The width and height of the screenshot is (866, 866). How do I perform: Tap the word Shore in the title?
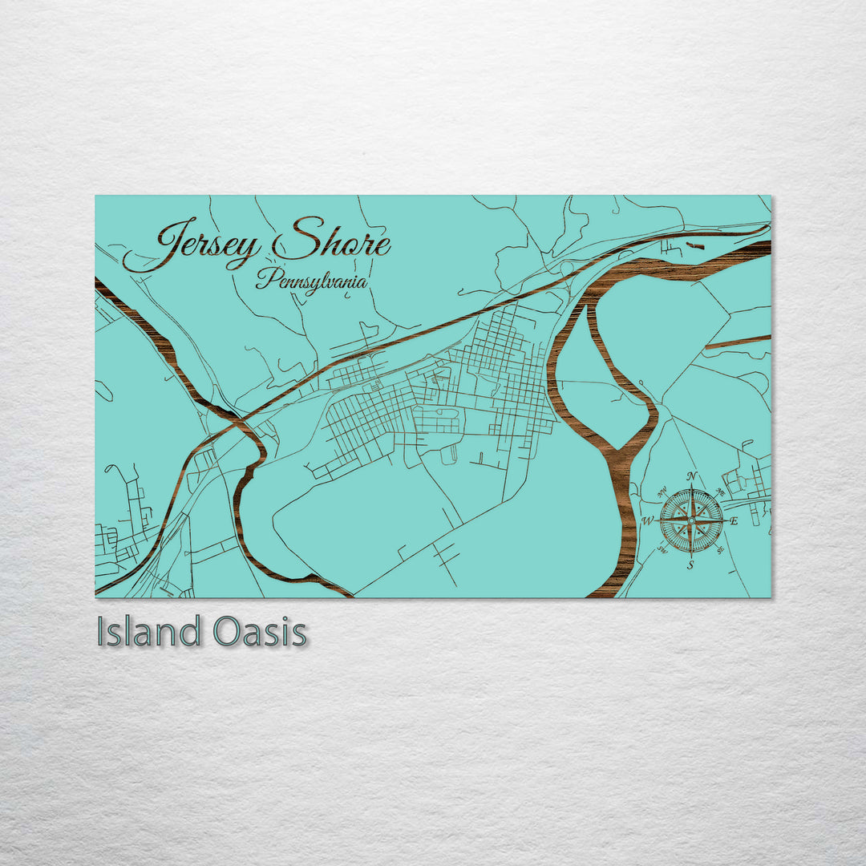coord(331,241)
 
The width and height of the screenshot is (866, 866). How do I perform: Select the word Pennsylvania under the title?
coord(311,281)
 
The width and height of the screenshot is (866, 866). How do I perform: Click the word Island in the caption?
coord(148,632)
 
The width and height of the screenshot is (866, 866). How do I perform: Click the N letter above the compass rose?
coord(692,476)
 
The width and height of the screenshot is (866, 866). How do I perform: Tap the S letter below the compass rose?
coord(691,565)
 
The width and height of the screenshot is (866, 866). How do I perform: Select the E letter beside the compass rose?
coord(734,521)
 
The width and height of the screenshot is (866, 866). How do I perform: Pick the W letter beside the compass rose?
coord(647,521)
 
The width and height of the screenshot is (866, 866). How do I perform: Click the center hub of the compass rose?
coord(691,520)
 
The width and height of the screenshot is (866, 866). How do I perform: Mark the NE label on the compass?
coord(721,492)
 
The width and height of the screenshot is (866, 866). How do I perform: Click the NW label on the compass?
coord(662,492)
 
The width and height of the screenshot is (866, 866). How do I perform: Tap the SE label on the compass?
coord(721,550)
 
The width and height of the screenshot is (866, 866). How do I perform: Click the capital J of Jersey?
coord(172,241)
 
